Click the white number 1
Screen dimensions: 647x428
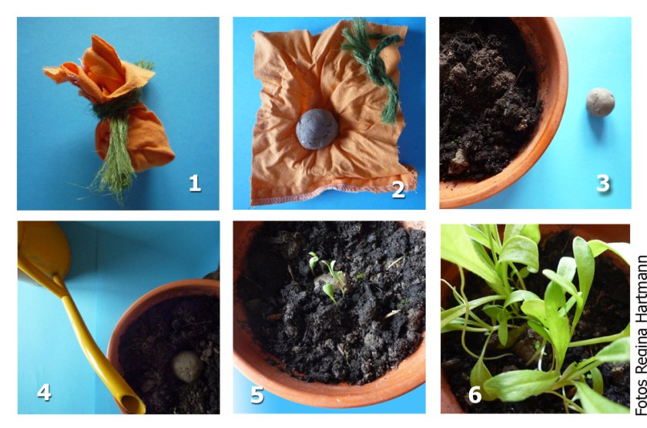[x=195, y=183]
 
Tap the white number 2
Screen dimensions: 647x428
[x=398, y=190]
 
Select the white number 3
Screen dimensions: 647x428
[x=603, y=183]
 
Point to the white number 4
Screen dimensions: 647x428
[x=44, y=392]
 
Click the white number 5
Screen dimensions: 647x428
[x=256, y=395]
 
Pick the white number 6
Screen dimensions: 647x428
[x=475, y=395]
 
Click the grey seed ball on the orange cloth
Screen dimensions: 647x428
[x=317, y=129]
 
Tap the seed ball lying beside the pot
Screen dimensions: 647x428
[x=600, y=102]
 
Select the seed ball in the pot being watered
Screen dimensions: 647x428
[x=187, y=366]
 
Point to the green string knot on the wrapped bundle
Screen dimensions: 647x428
[x=116, y=108]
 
